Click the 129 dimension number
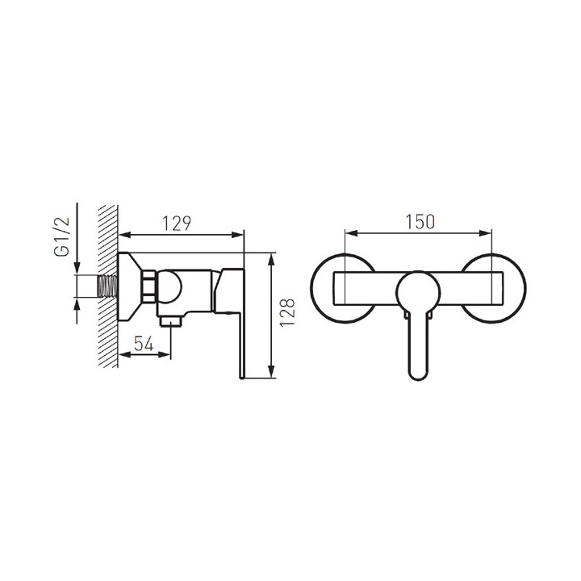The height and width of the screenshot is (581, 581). tap(177, 223)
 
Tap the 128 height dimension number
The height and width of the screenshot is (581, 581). tap(287, 312)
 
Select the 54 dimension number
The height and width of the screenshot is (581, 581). tap(144, 344)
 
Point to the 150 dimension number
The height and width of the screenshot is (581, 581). tap(420, 222)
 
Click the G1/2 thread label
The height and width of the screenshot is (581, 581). tap(62, 237)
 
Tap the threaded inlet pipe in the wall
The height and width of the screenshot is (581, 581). tap(107, 286)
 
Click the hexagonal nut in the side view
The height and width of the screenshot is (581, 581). tap(149, 286)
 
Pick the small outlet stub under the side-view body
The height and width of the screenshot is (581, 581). tap(171, 321)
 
